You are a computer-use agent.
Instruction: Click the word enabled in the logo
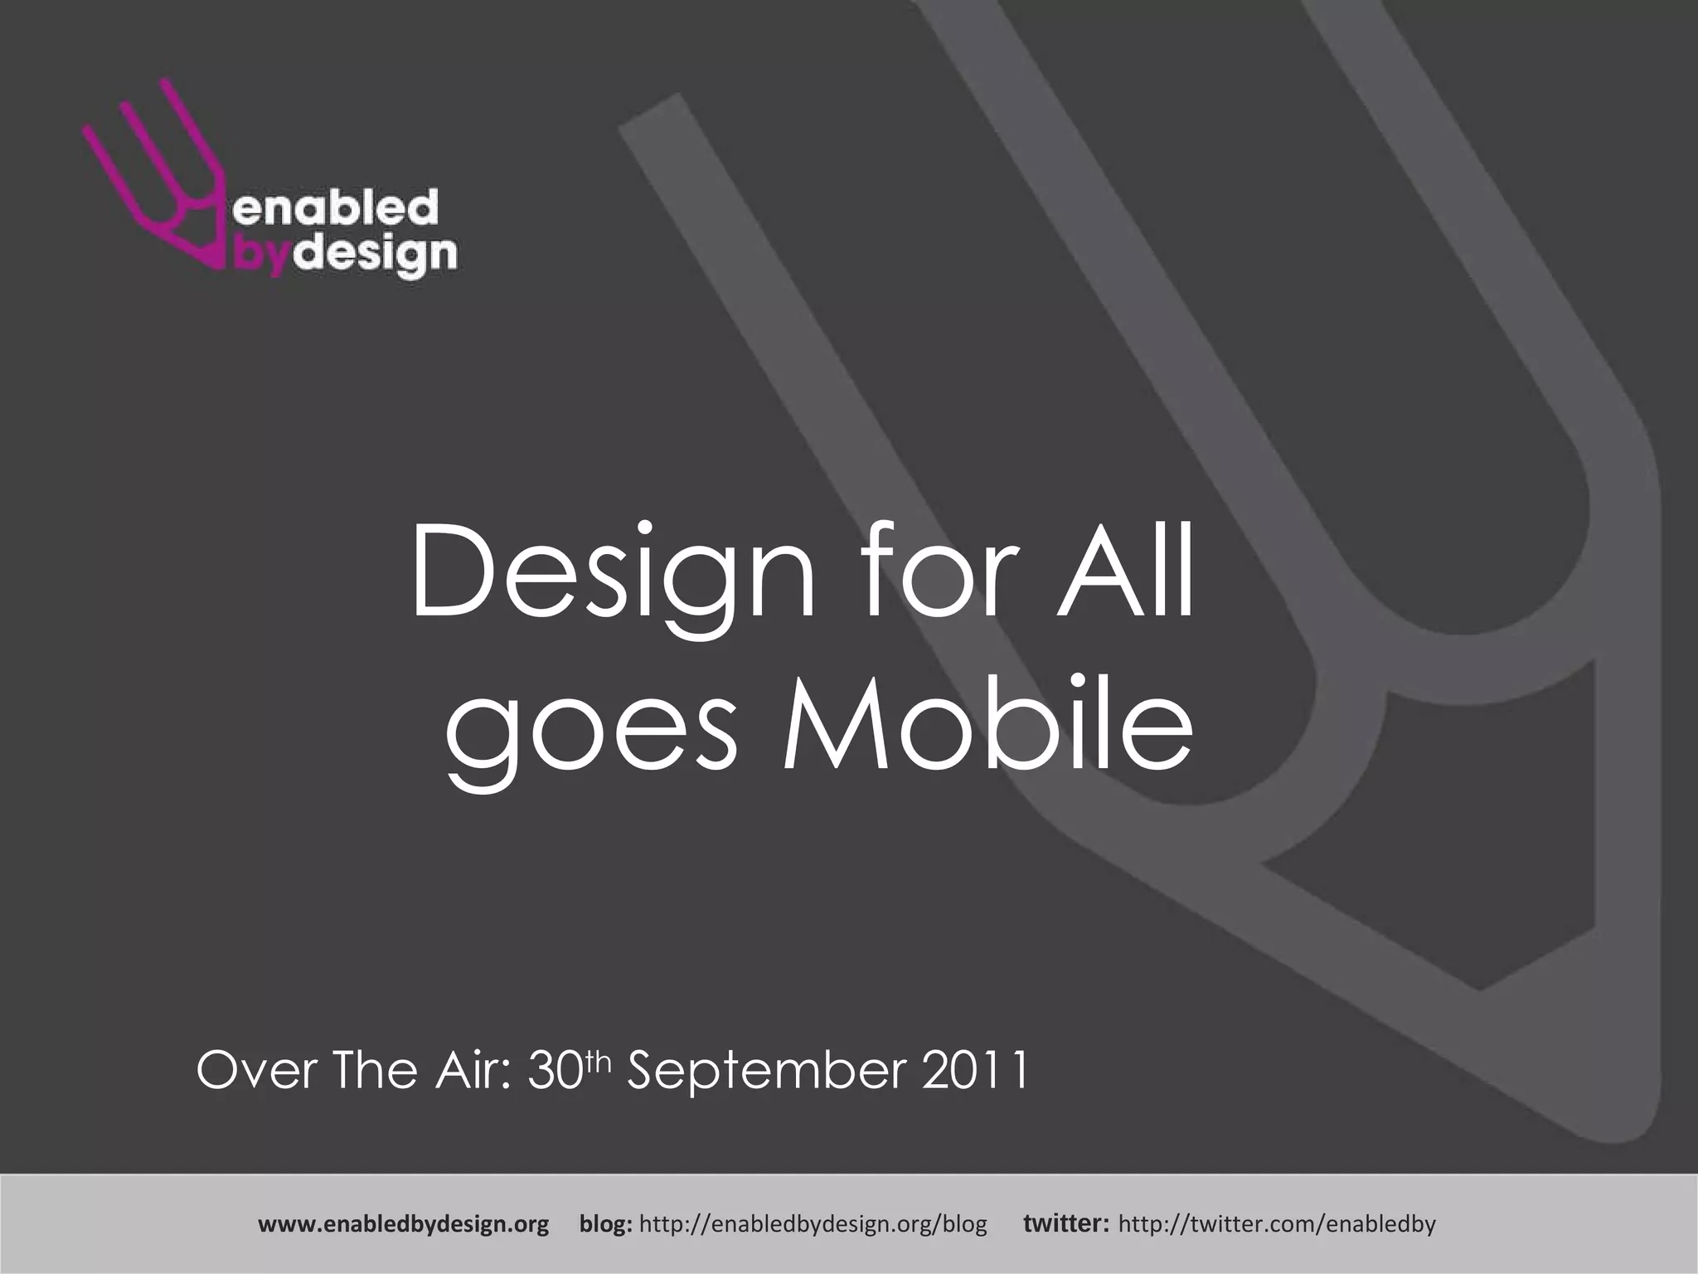pyautogui.click(x=335, y=208)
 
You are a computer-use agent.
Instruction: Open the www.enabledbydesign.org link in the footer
pyautogui.click(x=404, y=1224)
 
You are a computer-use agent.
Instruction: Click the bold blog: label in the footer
pyautogui.click(x=606, y=1224)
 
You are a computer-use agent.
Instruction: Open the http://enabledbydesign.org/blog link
pyautogui.click(x=814, y=1224)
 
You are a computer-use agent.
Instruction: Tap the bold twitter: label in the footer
pyautogui.click(x=1066, y=1224)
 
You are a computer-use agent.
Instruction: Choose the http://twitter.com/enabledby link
pyautogui.click(x=1277, y=1224)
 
